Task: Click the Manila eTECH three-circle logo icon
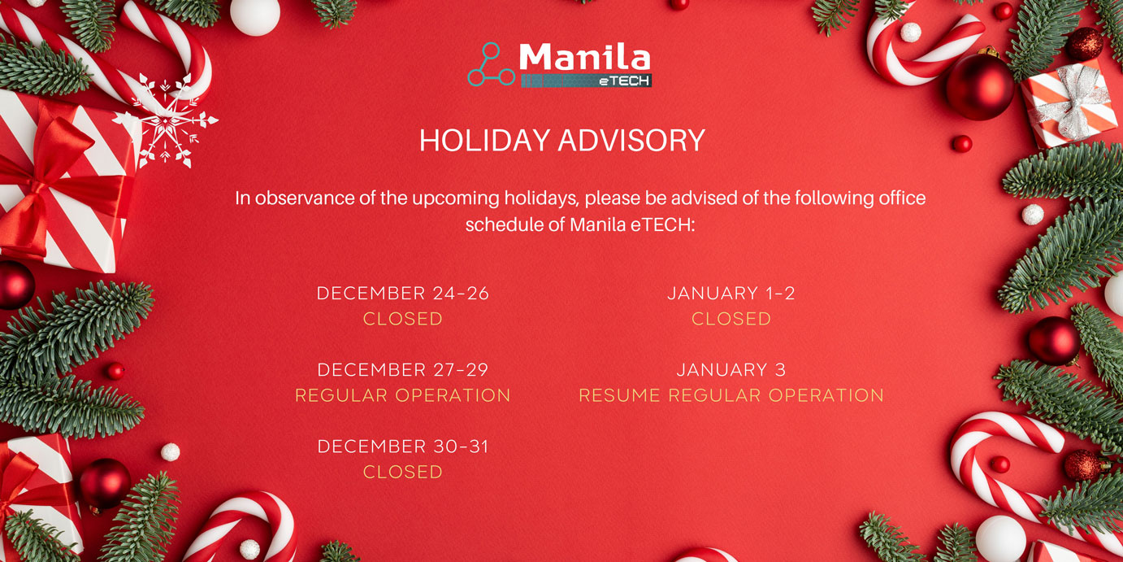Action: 491,64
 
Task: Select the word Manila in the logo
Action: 584,57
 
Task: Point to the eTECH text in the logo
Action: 625,81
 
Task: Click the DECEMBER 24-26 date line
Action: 402,293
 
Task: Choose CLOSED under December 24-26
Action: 402,319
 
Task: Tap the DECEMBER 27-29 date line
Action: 402,370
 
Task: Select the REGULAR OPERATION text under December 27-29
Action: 402,395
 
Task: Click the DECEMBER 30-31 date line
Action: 402,447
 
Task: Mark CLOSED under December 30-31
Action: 402,472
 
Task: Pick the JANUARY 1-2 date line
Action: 731,293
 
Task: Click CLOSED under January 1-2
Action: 731,319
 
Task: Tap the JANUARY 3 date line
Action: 731,370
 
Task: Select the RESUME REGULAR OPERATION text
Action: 731,395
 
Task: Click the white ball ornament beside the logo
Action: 255,15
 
